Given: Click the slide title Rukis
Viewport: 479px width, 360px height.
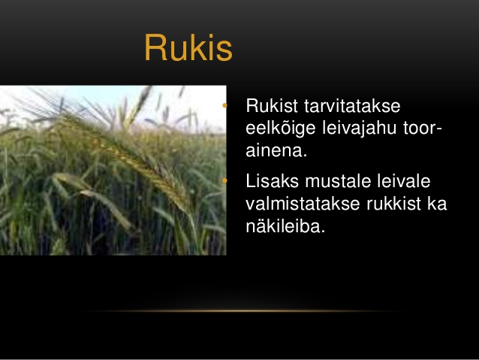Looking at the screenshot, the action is coord(188,47).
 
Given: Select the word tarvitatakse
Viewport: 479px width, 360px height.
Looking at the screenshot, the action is coord(352,106).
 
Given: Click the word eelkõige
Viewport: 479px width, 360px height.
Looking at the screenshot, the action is coord(281,129).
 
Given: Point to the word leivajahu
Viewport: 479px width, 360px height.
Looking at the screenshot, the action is coord(359,129).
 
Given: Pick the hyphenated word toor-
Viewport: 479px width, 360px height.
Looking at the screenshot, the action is coord(423,129).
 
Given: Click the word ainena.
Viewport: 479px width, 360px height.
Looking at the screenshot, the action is coord(276,151).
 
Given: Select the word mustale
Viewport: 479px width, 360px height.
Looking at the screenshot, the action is coord(337,181).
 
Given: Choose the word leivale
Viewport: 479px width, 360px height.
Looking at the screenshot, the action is coord(403,181).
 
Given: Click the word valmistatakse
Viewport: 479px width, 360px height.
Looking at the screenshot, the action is coord(303,204).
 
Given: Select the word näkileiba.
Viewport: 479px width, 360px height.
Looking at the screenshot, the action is coord(285,226).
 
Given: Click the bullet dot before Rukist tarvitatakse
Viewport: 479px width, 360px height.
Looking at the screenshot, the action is coord(224,106).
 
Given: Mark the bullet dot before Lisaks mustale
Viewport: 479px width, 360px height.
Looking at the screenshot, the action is coord(224,181).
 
